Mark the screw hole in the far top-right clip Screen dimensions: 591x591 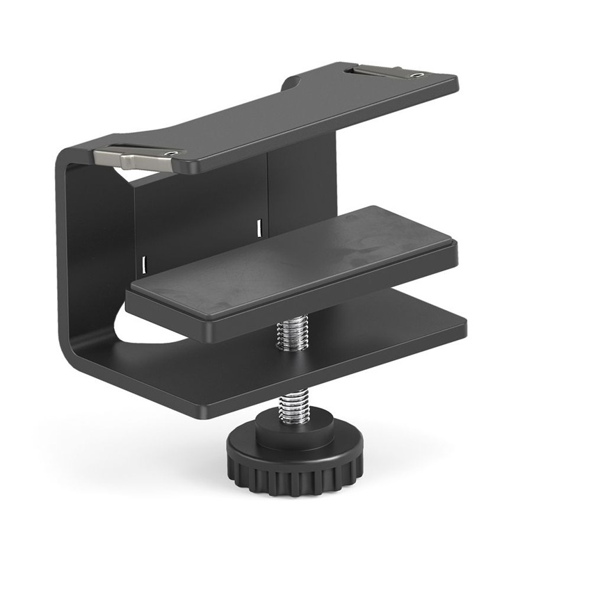(416, 74)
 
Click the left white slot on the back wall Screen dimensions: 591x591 (144, 263)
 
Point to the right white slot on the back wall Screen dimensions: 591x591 (259, 226)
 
